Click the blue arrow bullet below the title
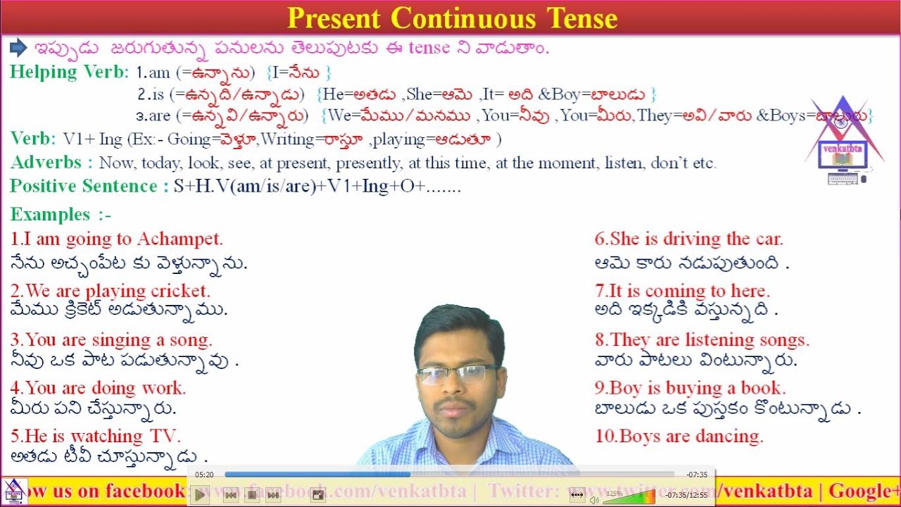(18, 48)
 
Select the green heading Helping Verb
(69, 72)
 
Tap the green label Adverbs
(51, 163)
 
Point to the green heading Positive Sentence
(84, 187)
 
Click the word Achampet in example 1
(179, 239)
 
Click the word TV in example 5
(168, 436)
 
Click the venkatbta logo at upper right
(842, 141)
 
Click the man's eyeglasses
(458, 374)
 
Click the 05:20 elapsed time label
(204, 475)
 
